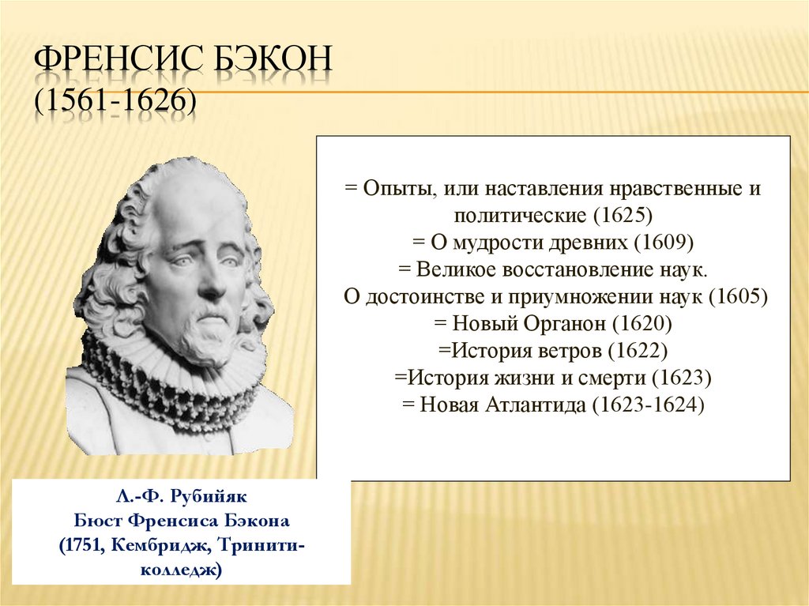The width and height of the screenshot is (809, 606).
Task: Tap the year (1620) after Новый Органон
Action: coord(646,324)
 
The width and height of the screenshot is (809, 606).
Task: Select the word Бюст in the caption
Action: coord(96,523)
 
